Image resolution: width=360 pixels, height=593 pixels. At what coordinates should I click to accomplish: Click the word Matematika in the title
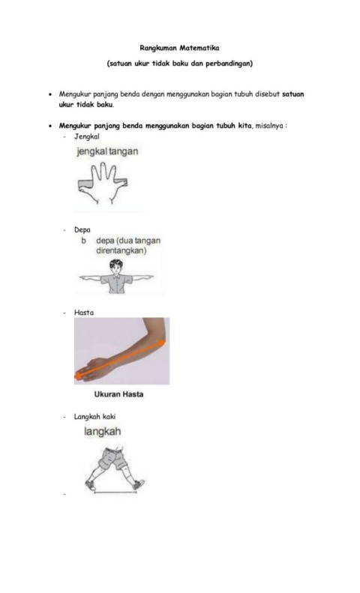[199, 48]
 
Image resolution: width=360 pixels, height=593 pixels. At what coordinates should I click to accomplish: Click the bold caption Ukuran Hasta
[118, 394]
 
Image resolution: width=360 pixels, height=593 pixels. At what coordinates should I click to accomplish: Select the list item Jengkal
[86, 136]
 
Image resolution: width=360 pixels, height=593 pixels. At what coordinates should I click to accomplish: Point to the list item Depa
[82, 230]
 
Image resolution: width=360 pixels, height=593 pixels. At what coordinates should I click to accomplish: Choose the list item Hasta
[83, 313]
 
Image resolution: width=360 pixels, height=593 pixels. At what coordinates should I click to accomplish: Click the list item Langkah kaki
[94, 416]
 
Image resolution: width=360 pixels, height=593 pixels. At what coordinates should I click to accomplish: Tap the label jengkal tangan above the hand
[107, 151]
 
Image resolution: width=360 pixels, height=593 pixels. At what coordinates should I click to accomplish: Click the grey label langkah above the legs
[103, 431]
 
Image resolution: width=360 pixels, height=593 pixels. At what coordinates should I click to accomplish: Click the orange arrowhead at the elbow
[161, 343]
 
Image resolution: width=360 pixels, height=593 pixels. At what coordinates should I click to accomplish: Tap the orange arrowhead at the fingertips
[78, 376]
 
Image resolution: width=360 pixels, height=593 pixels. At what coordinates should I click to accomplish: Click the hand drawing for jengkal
[103, 183]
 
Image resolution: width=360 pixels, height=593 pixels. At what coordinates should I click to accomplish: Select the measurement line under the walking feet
[115, 493]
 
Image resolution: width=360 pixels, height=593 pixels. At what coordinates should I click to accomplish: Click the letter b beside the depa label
[83, 241]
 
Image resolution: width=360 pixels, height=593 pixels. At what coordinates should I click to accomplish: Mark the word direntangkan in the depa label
[121, 250]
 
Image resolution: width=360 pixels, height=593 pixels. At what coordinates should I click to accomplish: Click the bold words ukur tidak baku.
[85, 105]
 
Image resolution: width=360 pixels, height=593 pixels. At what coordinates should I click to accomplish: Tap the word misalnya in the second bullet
[269, 125]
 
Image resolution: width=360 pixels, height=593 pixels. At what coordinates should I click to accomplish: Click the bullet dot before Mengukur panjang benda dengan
[50, 94]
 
